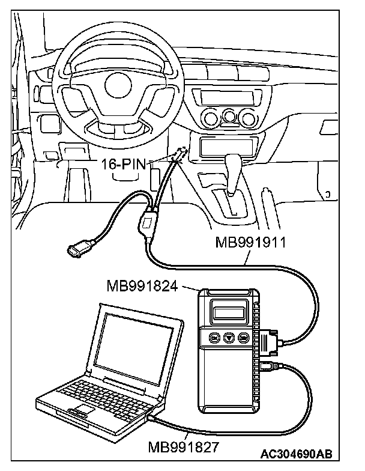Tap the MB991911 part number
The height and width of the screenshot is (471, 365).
click(x=248, y=243)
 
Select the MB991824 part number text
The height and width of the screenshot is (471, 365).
click(x=141, y=286)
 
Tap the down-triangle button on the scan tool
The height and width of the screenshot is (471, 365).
click(x=229, y=338)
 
